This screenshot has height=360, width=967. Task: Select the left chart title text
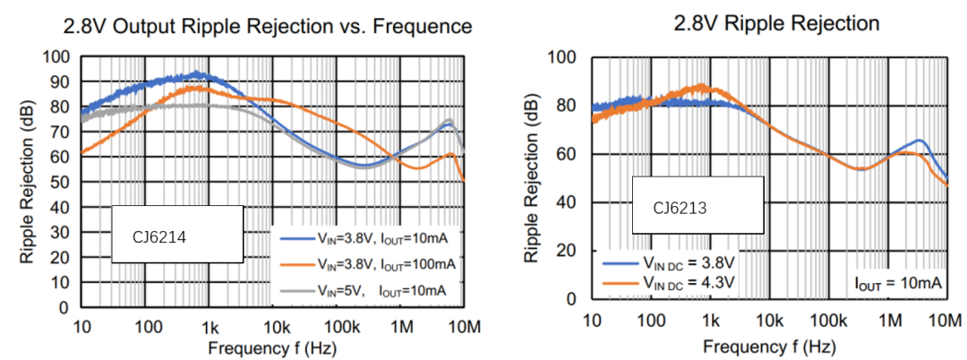point(267,27)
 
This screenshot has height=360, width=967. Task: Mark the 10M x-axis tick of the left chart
point(464,324)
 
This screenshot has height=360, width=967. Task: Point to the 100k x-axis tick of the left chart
point(338,324)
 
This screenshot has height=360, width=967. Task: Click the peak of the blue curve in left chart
point(199,74)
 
